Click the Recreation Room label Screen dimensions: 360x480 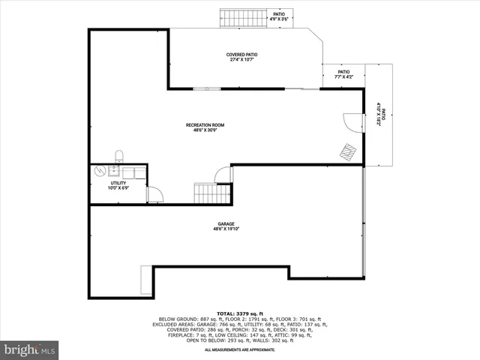(205, 125)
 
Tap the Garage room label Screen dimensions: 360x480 (226, 223)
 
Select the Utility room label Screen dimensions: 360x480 (118, 182)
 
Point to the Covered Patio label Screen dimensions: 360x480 (241, 55)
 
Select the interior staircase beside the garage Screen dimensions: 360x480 (211, 194)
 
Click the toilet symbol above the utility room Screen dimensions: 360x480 (119, 156)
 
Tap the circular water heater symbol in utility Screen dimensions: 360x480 (100, 172)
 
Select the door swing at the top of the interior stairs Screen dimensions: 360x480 (223, 175)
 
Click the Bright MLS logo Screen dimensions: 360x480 (30, 349)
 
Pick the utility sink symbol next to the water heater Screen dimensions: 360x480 (114, 172)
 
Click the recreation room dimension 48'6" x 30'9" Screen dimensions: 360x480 (205, 130)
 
